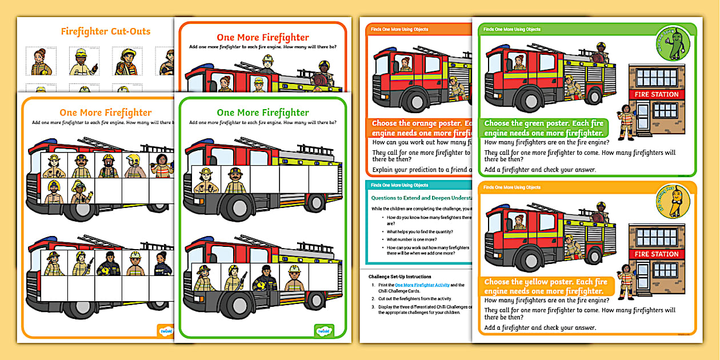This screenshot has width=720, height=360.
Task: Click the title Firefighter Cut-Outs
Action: click(106, 31)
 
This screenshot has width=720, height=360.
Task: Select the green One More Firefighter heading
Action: click(263, 113)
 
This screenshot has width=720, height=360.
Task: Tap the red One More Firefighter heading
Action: click(263, 38)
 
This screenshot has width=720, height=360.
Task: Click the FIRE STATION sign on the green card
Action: click(657, 94)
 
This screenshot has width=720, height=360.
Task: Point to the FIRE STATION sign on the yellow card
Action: click(657, 254)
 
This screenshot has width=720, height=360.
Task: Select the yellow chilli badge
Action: click(673, 201)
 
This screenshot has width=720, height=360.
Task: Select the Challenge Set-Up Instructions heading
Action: click(400, 277)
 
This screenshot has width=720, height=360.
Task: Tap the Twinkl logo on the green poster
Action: click(324, 330)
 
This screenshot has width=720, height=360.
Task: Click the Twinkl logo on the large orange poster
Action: click(166, 330)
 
